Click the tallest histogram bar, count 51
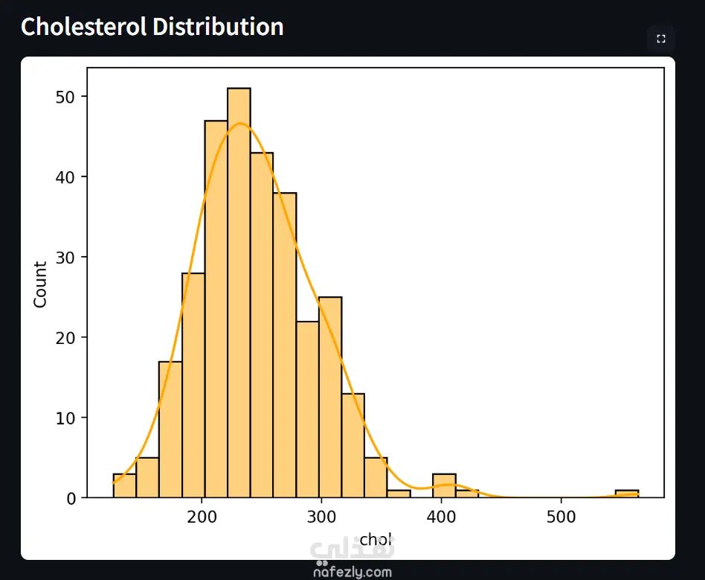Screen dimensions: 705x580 pyautogui.click(x=239, y=293)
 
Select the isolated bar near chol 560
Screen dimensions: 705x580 pyautogui.click(x=627, y=494)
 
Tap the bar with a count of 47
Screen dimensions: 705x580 pyautogui.click(x=216, y=309)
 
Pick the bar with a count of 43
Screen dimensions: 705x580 pyautogui.click(x=262, y=325)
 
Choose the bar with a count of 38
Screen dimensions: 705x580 pyautogui.click(x=285, y=345)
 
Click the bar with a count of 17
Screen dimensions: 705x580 pyautogui.click(x=170, y=429)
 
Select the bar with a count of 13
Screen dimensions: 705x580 pyautogui.click(x=353, y=445)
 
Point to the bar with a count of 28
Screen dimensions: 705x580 pyautogui.click(x=193, y=385)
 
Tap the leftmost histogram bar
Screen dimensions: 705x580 pyautogui.click(x=124, y=485)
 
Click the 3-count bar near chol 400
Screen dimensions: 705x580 pyautogui.click(x=444, y=485)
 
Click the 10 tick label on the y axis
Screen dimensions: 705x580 pyautogui.click(x=65, y=418)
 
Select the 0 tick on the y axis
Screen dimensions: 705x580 pyautogui.click(x=71, y=499)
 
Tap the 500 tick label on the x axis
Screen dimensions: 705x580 pyautogui.click(x=561, y=517)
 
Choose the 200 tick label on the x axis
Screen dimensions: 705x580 pyautogui.click(x=202, y=517)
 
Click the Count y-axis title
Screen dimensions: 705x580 pyautogui.click(x=40, y=284)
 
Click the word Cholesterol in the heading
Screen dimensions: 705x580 pyautogui.click(x=84, y=26)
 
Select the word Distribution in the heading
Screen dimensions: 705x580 pyautogui.click(x=218, y=26)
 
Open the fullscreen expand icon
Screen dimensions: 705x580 pyautogui.click(x=660, y=39)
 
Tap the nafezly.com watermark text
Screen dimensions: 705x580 pyautogui.click(x=352, y=572)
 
